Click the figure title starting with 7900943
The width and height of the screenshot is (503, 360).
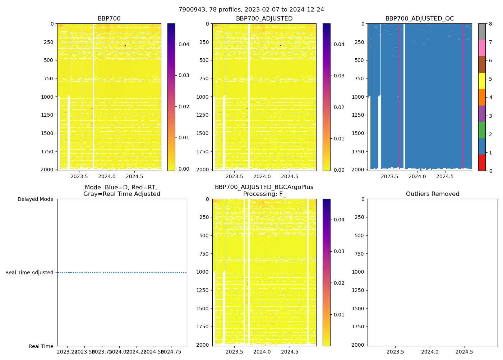(x=251, y=10)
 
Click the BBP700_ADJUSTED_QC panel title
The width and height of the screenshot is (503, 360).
(x=419, y=19)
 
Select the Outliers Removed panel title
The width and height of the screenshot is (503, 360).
(x=432, y=194)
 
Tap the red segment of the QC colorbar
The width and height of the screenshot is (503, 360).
(x=482, y=163)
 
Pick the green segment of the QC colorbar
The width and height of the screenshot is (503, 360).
(x=482, y=130)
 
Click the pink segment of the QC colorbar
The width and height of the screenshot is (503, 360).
(x=482, y=48)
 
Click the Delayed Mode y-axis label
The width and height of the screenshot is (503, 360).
(x=35, y=199)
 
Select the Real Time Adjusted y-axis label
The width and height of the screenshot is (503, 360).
(x=29, y=273)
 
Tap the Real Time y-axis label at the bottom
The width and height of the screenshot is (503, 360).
(x=41, y=346)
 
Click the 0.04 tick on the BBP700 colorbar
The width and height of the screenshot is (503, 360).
(x=184, y=44)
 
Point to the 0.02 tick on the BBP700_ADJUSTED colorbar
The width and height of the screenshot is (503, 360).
(x=339, y=107)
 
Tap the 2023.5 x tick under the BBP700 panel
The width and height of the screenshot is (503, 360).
(x=79, y=176)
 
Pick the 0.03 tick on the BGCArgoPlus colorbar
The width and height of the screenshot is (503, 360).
(x=339, y=251)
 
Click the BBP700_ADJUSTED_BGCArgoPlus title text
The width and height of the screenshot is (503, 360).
(x=264, y=187)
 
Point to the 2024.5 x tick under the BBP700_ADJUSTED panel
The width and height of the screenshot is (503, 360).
(x=290, y=176)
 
